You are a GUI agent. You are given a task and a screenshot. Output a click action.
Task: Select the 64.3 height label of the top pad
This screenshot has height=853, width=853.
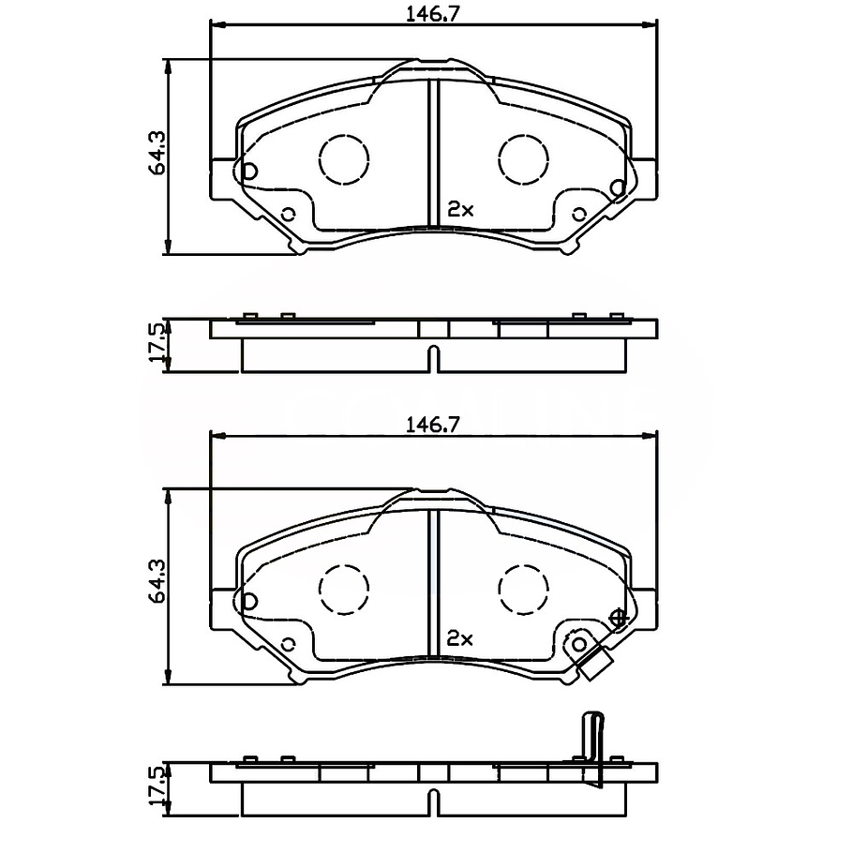(157, 152)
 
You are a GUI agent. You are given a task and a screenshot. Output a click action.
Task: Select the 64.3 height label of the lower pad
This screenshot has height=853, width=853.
(157, 581)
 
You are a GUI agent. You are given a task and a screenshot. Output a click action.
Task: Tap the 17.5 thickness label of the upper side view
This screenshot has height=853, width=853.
(157, 343)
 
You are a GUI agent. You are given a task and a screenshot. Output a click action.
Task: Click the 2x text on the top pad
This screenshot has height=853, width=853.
(460, 210)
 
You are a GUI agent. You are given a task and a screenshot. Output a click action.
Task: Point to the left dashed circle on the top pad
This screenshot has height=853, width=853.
(343, 158)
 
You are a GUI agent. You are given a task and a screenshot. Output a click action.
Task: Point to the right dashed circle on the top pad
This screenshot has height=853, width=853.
(523, 158)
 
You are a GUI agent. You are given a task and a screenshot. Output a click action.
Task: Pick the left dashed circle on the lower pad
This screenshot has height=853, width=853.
(343, 591)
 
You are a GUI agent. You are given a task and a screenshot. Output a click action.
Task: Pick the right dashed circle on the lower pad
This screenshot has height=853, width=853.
(523, 591)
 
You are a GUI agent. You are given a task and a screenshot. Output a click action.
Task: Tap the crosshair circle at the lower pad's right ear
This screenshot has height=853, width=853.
(618, 618)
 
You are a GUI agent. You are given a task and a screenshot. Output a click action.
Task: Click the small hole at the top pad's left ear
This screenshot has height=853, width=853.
(249, 172)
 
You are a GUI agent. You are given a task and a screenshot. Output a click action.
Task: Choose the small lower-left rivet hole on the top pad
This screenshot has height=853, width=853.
(289, 215)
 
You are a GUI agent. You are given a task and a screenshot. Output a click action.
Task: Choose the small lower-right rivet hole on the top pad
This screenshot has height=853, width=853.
(579, 215)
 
